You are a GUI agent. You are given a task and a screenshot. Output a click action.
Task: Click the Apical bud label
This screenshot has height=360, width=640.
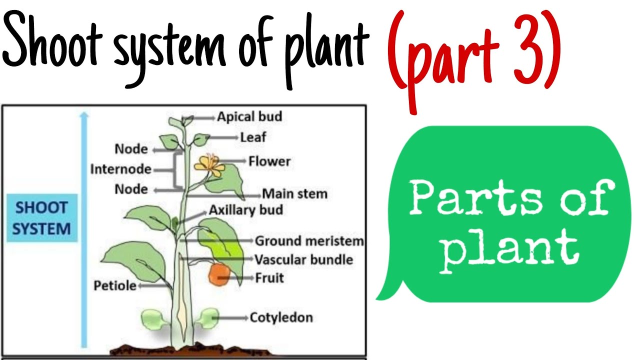[x=249, y=116]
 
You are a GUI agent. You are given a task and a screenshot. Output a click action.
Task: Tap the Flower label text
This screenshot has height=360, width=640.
[x=269, y=161]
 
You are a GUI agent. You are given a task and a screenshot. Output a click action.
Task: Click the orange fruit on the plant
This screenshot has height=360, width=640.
[x=219, y=274]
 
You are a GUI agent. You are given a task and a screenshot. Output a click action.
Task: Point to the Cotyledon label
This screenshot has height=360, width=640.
[x=281, y=317]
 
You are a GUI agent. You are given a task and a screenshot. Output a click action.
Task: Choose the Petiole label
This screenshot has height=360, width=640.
[x=115, y=285]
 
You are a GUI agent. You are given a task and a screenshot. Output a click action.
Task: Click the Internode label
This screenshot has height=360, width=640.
[x=120, y=169]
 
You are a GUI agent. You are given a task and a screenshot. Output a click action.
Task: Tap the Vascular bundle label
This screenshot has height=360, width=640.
[x=303, y=259]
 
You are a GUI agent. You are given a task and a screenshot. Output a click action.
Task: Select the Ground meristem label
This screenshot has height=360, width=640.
[x=309, y=241]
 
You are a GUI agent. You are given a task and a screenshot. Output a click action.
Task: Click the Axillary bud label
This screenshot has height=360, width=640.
[x=245, y=209]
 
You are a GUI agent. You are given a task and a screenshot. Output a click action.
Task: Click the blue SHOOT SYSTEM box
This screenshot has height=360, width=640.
[x=41, y=218]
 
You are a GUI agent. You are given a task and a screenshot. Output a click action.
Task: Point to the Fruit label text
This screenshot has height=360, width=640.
[x=269, y=277]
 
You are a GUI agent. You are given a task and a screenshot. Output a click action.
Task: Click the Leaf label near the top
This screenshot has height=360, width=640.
[x=253, y=137]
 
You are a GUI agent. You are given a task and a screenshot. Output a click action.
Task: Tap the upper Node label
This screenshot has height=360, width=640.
[x=131, y=149]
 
